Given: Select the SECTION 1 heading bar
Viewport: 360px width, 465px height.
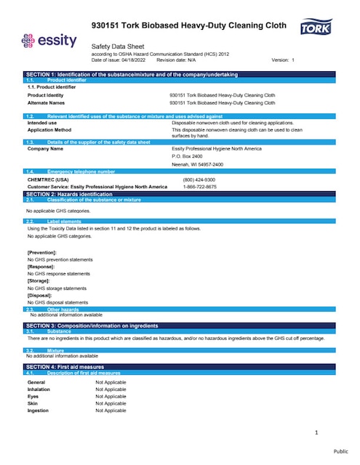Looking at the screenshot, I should (180, 74).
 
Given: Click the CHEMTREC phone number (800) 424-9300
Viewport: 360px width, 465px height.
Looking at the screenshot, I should (199, 179).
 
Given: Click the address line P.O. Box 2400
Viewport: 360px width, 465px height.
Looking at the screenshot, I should (187, 156).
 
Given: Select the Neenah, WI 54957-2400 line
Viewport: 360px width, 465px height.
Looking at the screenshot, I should (192, 164).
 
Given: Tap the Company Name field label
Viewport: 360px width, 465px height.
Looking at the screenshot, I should (44, 148).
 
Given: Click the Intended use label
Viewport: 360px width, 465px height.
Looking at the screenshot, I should (42, 123).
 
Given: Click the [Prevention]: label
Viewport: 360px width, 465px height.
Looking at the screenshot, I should (42, 251).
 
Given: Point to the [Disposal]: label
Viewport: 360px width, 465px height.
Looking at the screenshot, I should (41, 295).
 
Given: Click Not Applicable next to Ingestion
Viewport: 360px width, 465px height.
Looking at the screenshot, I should (111, 411).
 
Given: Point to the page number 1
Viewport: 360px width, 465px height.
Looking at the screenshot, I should (316, 433).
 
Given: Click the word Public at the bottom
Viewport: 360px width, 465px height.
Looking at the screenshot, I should (341, 451).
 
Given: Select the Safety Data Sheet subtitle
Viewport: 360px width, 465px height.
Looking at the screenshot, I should (121, 45).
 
